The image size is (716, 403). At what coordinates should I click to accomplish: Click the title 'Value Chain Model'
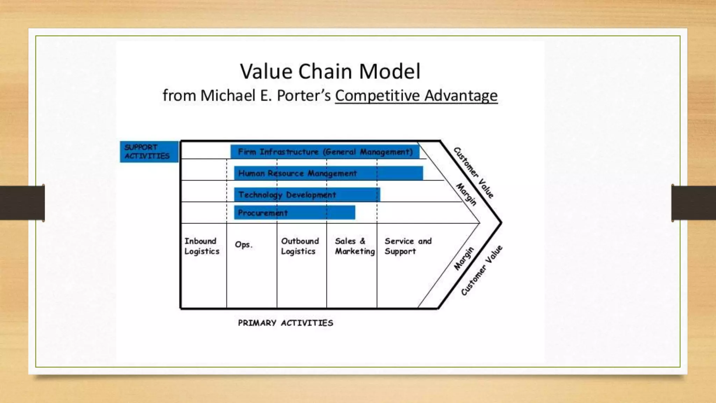point(330,71)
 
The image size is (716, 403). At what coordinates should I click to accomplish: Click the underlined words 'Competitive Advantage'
point(416,96)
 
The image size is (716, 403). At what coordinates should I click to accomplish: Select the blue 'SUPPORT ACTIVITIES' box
point(149,151)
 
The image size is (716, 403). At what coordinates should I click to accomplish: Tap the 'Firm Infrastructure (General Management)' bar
point(325,152)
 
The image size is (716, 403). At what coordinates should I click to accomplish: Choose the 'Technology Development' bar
point(307,195)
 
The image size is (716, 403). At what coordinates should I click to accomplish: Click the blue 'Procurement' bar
point(294,213)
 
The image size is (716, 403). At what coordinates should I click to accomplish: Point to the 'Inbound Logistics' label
point(202,246)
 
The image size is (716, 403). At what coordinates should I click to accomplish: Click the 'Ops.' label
point(243,245)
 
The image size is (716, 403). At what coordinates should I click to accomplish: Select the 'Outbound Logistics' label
point(300,246)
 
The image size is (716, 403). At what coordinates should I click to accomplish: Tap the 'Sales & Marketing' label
point(355,246)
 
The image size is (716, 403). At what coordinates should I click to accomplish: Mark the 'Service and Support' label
point(408,246)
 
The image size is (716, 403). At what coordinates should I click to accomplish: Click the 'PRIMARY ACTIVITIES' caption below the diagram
point(285,323)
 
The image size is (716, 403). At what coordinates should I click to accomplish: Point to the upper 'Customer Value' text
point(473,172)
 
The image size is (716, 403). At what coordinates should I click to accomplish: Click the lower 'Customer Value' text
point(481,270)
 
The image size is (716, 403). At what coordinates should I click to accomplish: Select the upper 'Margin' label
point(466,194)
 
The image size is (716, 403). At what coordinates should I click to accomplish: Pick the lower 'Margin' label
point(464,258)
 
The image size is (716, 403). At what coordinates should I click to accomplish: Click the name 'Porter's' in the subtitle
point(303,96)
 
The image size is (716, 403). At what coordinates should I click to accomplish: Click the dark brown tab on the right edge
point(694,203)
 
